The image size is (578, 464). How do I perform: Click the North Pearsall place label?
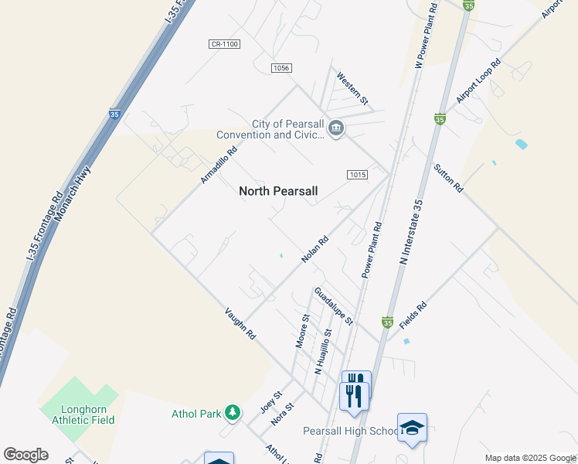tap(278, 191)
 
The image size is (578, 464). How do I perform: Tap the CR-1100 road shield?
tap(224, 44)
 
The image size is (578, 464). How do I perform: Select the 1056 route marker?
tap(281, 68)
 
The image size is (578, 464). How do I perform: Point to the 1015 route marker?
tap(356, 175)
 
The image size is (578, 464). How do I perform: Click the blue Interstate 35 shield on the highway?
tap(114, 114)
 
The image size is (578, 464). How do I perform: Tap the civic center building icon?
tap(335, 128)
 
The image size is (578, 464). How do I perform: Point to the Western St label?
tap(353, 89)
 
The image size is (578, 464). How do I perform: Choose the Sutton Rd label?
tap(448, 178)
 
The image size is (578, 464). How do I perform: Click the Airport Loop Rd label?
tap(479, 80)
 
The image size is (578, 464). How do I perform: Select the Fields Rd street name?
tap(413, 316)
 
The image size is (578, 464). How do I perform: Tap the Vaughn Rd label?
tap(240, 323)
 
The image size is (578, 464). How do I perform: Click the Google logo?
tap(25, 455)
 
